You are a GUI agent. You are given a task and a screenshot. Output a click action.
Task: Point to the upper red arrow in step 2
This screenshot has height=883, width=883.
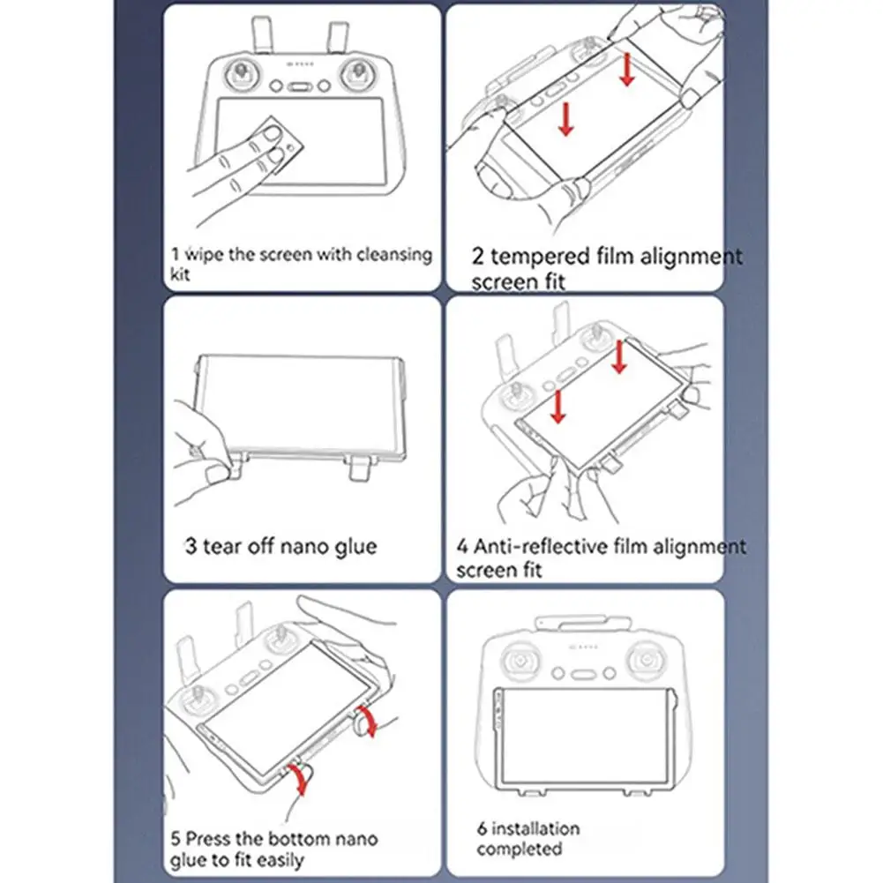pos(627,70)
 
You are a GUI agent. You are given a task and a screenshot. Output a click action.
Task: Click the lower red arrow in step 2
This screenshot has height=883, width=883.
pos(565,119)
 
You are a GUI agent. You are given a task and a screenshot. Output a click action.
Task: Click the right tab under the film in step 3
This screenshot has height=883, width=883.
pos(358,468)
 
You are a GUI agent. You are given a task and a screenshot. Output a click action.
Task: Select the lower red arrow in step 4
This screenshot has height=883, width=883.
pos(557,406)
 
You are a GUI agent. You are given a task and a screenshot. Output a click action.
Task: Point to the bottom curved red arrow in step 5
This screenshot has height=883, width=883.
pos(300,780)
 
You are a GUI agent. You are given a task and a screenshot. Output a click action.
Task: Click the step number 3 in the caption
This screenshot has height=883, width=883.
pos(191,546)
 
